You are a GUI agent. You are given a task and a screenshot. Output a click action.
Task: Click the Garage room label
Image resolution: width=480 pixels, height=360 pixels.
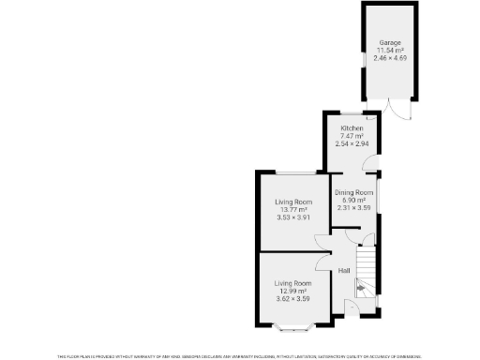click(x=390, y=43)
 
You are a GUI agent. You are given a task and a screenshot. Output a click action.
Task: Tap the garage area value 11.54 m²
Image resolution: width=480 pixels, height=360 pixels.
click(x=390, y=51)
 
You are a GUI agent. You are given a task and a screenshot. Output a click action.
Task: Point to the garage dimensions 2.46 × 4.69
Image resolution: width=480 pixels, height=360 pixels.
click(x=390, y=58)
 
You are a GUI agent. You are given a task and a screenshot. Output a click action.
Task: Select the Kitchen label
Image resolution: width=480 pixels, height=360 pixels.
click(x=352, y=128)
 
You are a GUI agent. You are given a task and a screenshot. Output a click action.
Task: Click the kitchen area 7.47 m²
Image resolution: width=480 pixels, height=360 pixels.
click(x=352, y=136)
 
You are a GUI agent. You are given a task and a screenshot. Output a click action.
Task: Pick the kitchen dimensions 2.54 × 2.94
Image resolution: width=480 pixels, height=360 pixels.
click(x=352, y=143)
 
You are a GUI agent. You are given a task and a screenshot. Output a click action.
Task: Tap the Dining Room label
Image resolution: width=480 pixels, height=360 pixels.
click(x=354, y=192)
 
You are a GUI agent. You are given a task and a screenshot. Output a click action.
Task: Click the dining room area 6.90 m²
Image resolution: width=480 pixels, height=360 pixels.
click(x=354, y=200)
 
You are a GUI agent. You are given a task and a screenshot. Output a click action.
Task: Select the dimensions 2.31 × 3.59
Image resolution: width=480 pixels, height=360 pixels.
click(x=354, y=207)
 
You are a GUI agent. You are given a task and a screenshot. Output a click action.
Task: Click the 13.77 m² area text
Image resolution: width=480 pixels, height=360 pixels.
click(x=292, y=210)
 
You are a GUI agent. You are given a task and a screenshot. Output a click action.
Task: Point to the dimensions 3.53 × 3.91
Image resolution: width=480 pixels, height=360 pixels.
click(x=292, y=217)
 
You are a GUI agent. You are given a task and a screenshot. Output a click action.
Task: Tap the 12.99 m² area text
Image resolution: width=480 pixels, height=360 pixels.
click(x=292, y=291)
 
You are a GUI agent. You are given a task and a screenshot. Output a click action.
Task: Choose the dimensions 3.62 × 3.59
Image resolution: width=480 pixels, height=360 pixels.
click(x=292, y=298)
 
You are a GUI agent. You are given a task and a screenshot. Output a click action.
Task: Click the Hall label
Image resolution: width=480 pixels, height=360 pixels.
click(x=344, y=271)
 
